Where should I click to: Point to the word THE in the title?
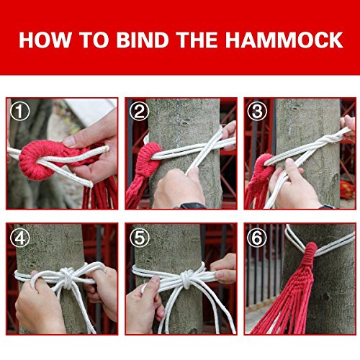(196, 39)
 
